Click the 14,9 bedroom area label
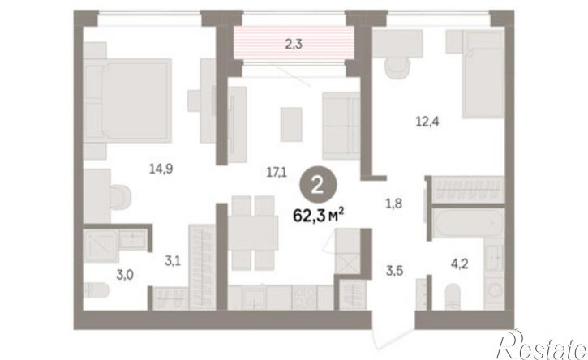click(x=161, y=169)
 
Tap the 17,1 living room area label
click(x=277, y=173)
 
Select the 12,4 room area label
click(x=427, y=122)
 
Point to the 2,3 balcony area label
click(x=294, y=45)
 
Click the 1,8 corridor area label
click(x=393, y=204)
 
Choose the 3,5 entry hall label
click(x=394, y=270)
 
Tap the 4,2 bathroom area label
click(x=459, y=264)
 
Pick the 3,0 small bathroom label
click(x=125, y=275)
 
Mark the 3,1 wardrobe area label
click(x=173, y=260)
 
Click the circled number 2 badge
click(x=318, y=185)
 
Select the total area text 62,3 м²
click(x=319, y=216)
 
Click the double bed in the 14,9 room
click(x=127, y=101)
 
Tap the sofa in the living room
click(x=341, y=126)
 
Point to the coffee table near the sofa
click(x=291, y=125)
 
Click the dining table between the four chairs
click(x=253, y=234)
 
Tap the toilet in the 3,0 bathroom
click(x=97, y=290)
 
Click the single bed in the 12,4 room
click(x=483, y=74)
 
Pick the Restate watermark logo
click(x=542, y=345)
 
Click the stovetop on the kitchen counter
click(x=304, y=298)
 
